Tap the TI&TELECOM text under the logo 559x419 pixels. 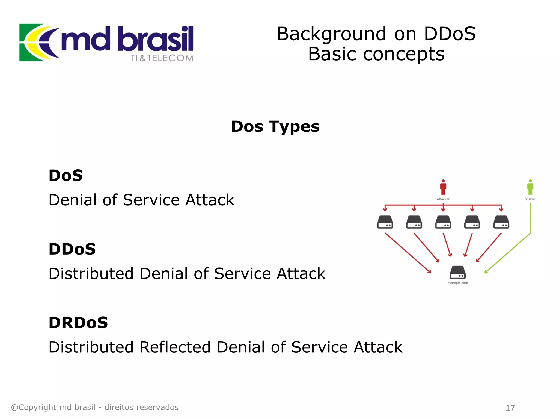click(162, 58)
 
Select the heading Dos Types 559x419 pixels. click(275, 127)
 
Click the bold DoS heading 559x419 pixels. click(66, 175)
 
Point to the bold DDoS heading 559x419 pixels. click(72, 249)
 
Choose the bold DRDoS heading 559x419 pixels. click(78, 323)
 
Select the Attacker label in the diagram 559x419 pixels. click(443, 199)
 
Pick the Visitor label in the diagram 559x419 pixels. click(530, 199)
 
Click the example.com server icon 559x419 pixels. click(457, 272)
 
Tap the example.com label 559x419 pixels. click(457, 283)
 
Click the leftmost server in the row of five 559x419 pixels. click(385, 222)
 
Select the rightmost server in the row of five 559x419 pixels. click(501, 222)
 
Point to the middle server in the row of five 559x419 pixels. click(443, 222)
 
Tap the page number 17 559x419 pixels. click(510, 408)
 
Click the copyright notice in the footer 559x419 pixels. click(95, 407)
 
